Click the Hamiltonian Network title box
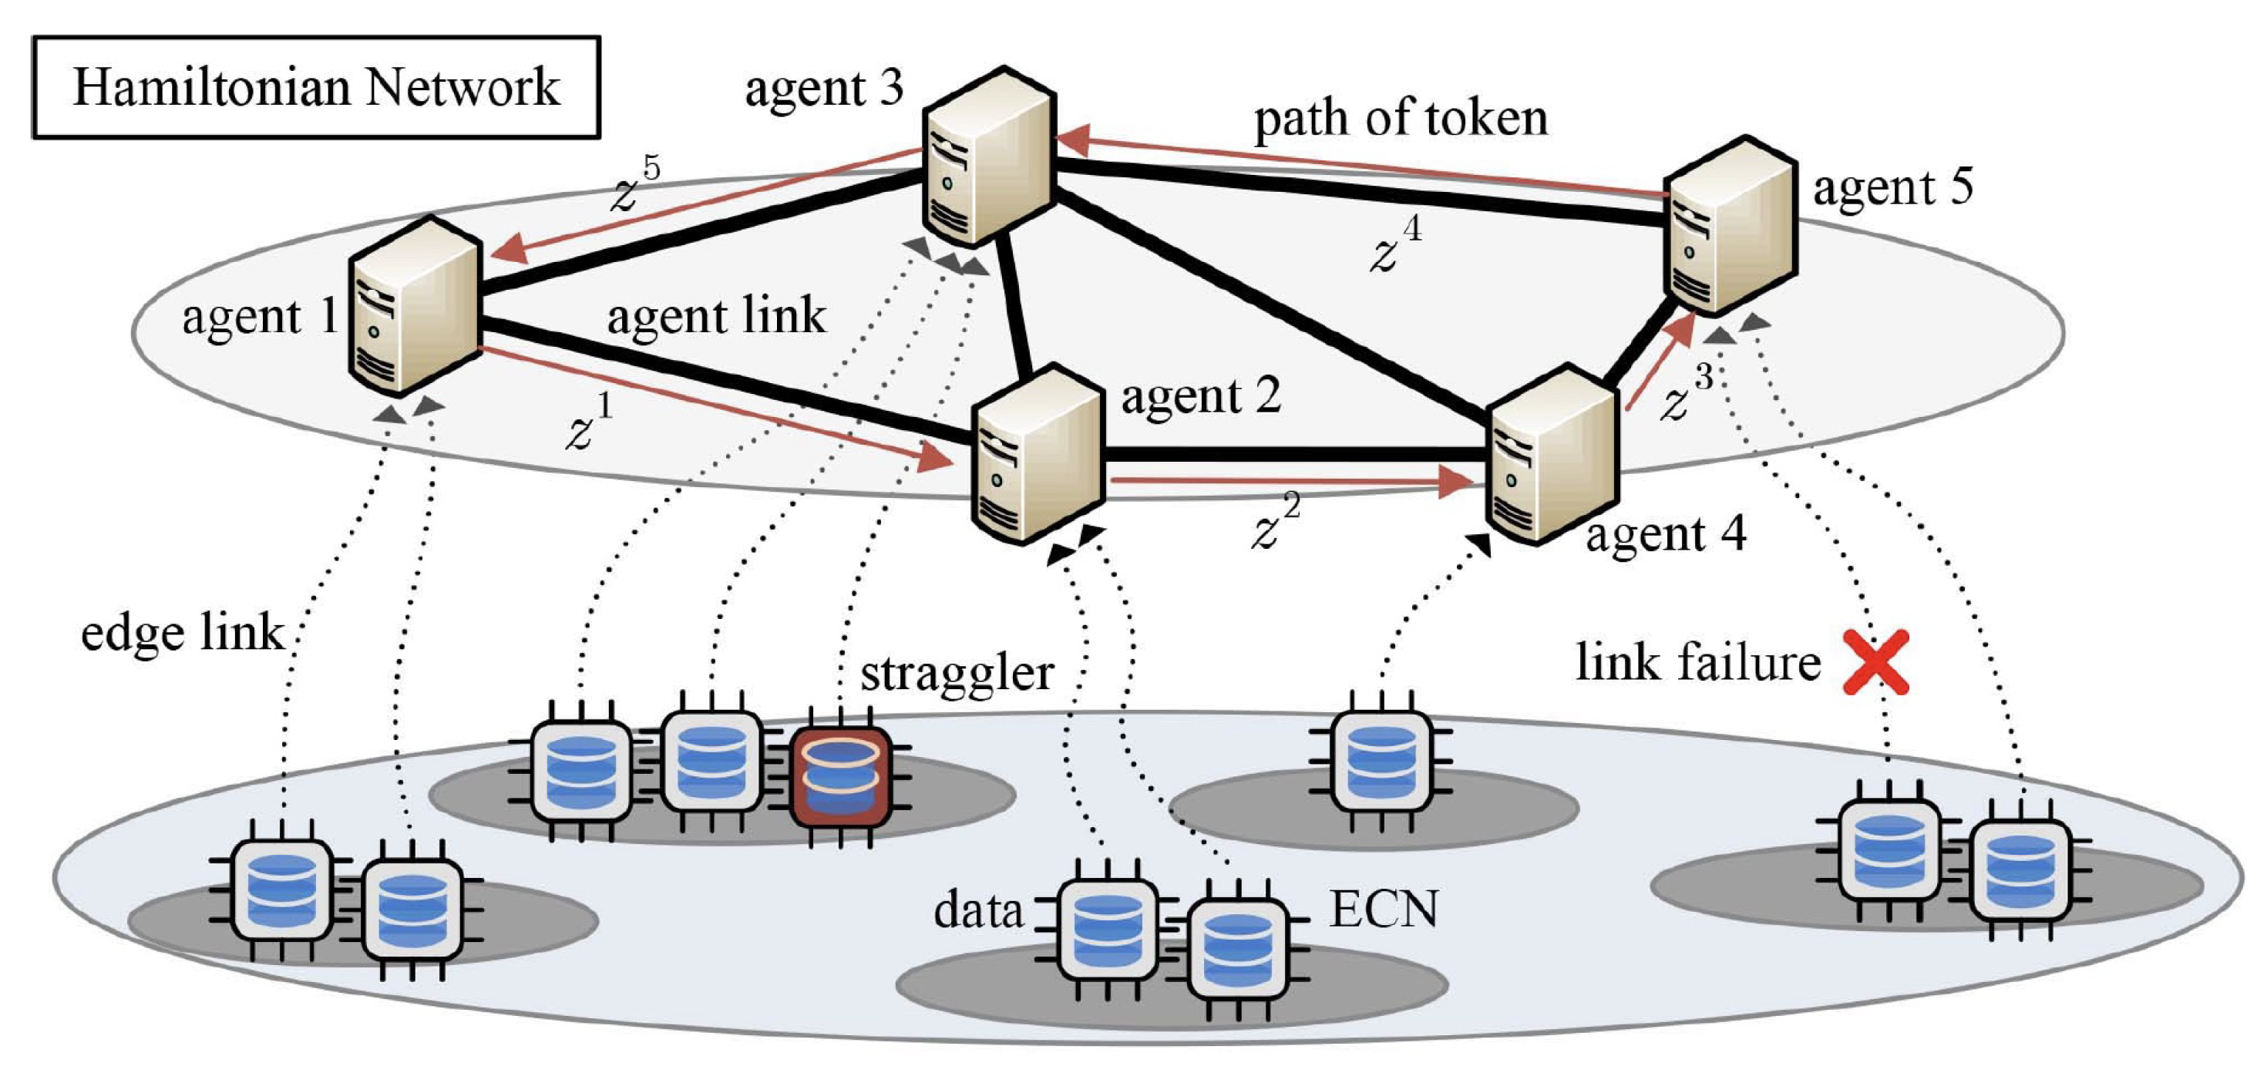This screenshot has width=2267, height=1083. (x=316, y=87)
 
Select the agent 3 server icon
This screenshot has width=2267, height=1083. (x=988, y=156)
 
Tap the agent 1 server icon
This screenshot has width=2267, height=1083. (x=414, y=306)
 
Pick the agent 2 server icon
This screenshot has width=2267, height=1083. (x=1037, y=456)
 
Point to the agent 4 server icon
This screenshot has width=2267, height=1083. (x=1552, y=456)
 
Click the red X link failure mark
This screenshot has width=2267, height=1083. (x=1875, y=662)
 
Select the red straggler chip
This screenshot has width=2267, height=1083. (x=840, y=779)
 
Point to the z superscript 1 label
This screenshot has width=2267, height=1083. (x=588, y=424)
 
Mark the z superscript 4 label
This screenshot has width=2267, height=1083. (x=1396, y=245)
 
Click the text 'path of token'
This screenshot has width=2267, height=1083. (x=1400, y=119)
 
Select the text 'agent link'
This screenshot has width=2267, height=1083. (x=716, y=317)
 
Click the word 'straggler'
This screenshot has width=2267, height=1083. (x=957, y=674)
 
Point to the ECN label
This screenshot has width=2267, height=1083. (x=1384, y=909)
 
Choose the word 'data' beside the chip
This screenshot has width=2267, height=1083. (x=977, y=910)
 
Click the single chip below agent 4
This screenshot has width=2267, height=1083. (x=1380, y=762)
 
